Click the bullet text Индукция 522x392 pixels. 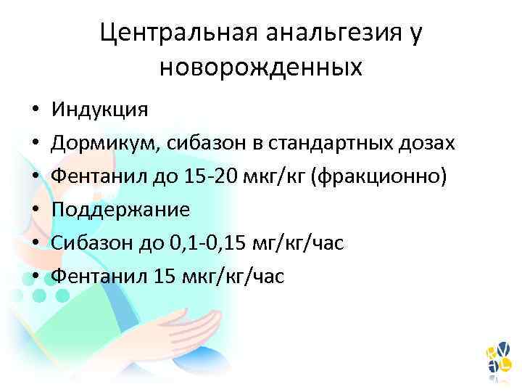pos(99,110)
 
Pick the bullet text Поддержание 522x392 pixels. pos(120,210)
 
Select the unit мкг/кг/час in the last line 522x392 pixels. pos(240,277)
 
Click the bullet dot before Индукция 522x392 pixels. pos(34,110)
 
